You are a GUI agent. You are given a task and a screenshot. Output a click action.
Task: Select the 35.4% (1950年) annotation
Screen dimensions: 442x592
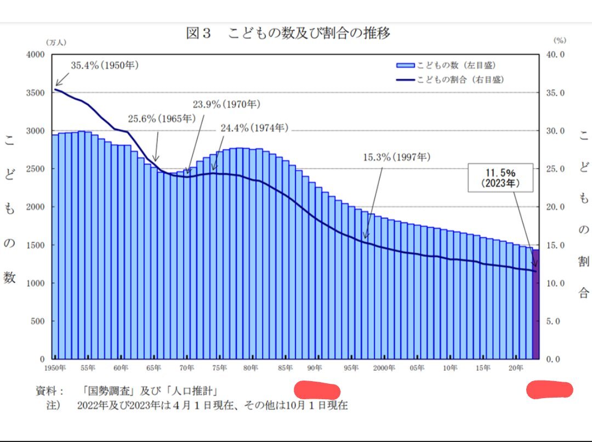105,65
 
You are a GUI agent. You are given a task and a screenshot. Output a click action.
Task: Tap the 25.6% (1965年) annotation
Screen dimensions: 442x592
161,118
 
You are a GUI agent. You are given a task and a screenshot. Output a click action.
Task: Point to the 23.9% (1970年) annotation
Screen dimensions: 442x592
226,104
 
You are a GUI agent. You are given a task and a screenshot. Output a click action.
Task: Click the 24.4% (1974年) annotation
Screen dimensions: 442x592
254,128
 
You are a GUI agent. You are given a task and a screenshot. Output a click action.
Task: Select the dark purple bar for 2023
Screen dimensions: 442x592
536,304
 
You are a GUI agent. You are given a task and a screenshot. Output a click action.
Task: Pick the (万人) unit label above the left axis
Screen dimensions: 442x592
55,42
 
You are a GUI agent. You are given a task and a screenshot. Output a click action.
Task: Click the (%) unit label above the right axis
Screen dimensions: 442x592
559,40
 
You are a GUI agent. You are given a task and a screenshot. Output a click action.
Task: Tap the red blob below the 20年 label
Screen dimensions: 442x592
550,390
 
